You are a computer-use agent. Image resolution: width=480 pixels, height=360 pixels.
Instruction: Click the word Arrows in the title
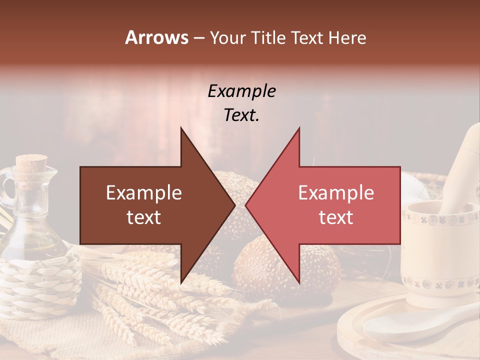point(157,37)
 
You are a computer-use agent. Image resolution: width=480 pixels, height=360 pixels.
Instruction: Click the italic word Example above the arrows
point(241,91)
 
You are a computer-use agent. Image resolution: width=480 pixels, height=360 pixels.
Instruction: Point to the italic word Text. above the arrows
point(241,115)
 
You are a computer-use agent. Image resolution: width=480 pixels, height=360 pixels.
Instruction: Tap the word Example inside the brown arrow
point(144,193)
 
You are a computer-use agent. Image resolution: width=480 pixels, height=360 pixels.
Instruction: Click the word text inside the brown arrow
point(144,217)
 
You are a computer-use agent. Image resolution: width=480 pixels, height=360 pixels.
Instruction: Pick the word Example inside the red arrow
point(336,193)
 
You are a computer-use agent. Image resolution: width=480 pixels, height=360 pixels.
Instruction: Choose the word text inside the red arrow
point(336,217)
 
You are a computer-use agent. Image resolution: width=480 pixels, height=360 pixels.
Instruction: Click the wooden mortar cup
point(440,255)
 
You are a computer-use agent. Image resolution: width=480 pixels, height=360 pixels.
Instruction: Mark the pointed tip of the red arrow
point(246,205)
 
